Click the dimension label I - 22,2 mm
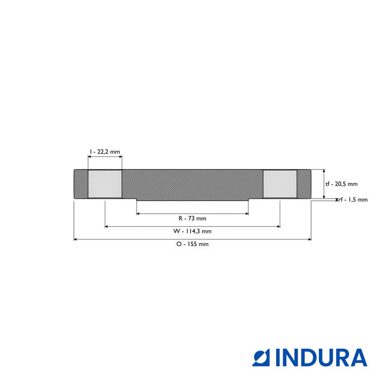pos(105,152)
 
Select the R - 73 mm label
pos(192,218)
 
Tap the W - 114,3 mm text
pos(192,231)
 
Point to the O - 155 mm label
pos(192,244)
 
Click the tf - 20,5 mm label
pos(341,184)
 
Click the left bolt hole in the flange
pos(105,184)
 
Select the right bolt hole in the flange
pos(280,184)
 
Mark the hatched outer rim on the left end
pos(81,184)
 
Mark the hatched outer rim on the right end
pos(304,184)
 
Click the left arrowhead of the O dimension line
pos(75,239)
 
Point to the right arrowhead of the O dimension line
pos(310,239)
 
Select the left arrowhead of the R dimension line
pos(138,213)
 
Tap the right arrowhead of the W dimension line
pos(278,226)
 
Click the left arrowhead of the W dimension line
pos(107,226)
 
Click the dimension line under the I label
pos(105,158)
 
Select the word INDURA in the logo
pos(321,357)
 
